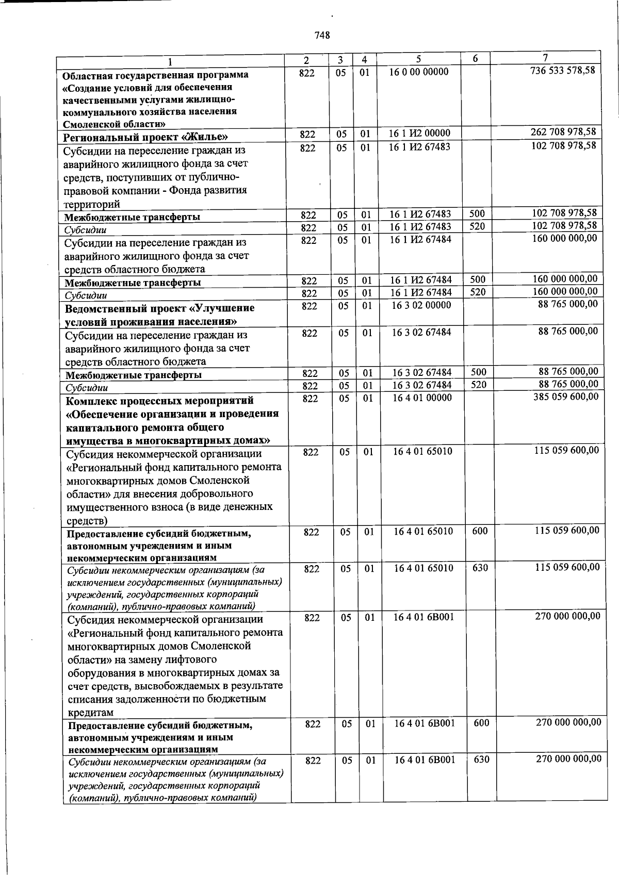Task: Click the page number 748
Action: point(322,36)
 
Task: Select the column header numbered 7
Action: point(545,57)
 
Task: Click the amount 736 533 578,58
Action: point(563,70)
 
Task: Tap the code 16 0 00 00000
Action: point(419,72)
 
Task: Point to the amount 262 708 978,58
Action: point(563,132)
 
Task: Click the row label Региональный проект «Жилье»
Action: point(146,137)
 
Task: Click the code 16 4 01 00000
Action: point(422,398)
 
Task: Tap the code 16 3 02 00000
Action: point(421,305)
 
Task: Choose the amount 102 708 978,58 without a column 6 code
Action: point(564,145)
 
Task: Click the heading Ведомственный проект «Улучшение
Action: point(160,308)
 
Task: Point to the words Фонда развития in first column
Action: point(211,190)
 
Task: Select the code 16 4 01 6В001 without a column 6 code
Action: point(425,617)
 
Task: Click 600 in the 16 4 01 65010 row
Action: point(480,531)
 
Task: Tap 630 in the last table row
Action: point(481,760)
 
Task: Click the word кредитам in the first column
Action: point(91,713)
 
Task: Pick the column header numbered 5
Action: point(419,58)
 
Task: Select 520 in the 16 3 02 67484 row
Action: point(478,385)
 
